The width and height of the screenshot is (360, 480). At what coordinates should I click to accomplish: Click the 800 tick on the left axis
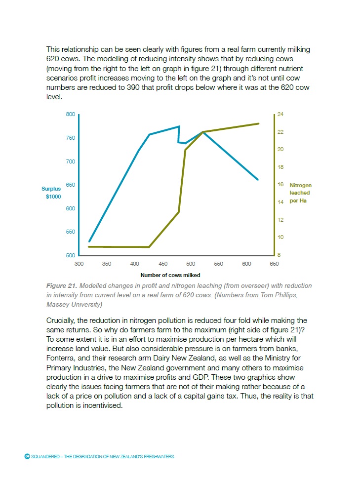pos(70,115)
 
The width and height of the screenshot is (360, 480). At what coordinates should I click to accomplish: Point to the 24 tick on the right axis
pos(280,115)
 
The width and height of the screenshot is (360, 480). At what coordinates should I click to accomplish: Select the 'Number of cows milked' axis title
pos(170,275)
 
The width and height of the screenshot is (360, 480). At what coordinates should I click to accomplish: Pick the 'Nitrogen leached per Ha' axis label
pos(300,193)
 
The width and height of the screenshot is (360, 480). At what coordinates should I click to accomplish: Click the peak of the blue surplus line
pos(179,126)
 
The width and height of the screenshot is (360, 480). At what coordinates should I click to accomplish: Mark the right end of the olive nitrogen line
pos(259,123)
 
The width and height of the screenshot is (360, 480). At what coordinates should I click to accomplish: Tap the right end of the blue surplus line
pos(258,179)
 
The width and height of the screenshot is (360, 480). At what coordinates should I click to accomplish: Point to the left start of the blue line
pos(89,241)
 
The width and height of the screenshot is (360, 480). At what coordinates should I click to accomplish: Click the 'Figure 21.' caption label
pos(61,286)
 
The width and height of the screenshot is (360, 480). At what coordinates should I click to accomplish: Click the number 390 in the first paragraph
pos(140,87)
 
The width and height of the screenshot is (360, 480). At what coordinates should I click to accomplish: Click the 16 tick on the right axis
pos(280,185)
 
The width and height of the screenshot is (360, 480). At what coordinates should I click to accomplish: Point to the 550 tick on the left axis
pos(70,232)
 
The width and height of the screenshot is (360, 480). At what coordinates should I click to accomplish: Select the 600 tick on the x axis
pos(246,264)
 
